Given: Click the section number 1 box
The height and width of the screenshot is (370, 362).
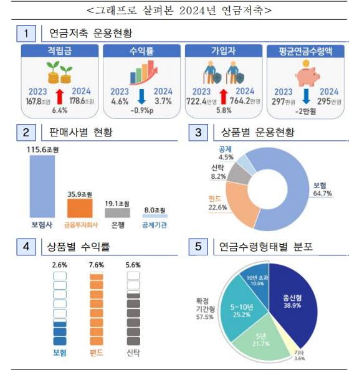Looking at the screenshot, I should pos(26,32).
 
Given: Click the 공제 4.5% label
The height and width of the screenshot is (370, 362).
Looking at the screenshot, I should pos(226,153).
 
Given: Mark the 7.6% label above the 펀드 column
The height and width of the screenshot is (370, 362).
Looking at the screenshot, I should pos(96,264).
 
